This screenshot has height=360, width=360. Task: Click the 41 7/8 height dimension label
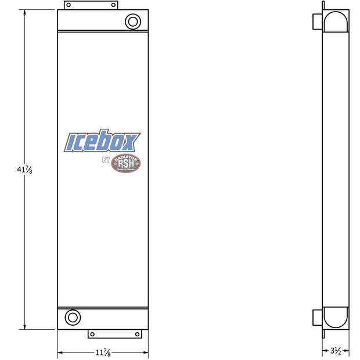tap(24, 170)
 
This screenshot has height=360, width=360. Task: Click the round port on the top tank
tap(133, 22)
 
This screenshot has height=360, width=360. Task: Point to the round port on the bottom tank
tap(73, 318)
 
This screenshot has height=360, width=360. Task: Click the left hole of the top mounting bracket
tap(69, 5)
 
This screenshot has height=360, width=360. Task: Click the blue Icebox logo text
tap(102, 142)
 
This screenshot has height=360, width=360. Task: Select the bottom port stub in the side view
tap(316, 318)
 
